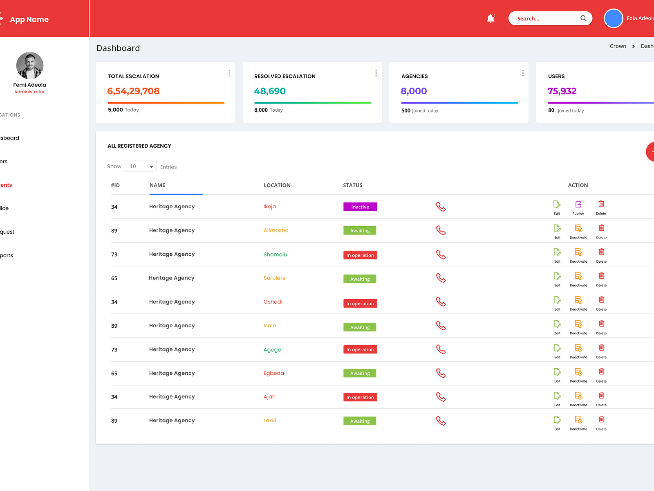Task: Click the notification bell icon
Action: pyautogui.click(x=490, y=18)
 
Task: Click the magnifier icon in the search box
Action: pyautogui.click(x=583, y=18)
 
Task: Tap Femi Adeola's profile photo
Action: pyautogui.click(x=29, y=65)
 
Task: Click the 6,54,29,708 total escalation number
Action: pyautogui.click(x=133, y=91)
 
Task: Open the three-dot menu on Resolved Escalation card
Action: pyautogui.click(x=376, y=73)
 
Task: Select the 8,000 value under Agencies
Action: pyautogui.click(x=414, y=91)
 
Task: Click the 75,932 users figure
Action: pyautogui.click(x=562, y=91)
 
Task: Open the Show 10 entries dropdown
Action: pyautogui.click(x=140, y=167)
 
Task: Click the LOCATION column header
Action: pyautogui.click(x=277, y=185)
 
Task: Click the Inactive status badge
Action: pyautogui.click(x=360, y=207)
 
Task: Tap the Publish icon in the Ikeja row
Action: pyautogui.click(x=578, y=205)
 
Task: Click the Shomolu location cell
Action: pyautogui.click(x=275, y=255)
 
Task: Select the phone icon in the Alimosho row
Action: pyautogui.click(x=441, y=230)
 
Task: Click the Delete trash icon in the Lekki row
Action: pyautogui.click(x=601, y=419)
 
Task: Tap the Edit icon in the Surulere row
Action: pyautogui.click(x=557, y=276)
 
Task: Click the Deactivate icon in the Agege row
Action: pyautogui.click(x=578, y=348)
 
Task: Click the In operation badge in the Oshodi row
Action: pyautogui.click(x=360, y=304)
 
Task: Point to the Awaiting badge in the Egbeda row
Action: pyautogui.click(x=360, y=374)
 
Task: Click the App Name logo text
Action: pyautogui.click(x=29, y=20)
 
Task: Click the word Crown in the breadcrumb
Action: pyautogui.click(x=618, y=46)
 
